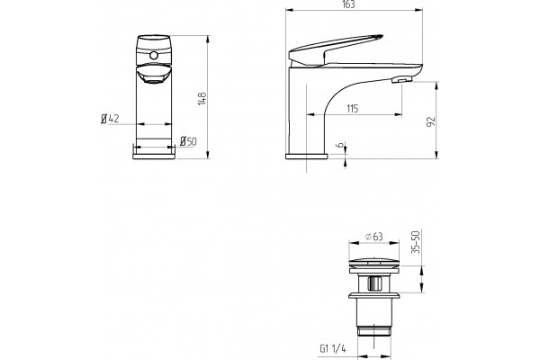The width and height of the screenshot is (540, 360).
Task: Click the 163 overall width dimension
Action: pyautogui.click(x=349, y=4)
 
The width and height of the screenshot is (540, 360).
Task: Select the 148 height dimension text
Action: pyautogui.click(x=202, y=99)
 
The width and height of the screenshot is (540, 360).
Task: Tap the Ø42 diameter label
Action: pyautogui.click(x=110, y=119)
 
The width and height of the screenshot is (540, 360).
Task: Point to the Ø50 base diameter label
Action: pyautogui.click(x=188, y=141)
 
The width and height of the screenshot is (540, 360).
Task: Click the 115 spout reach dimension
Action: pyautogui.click(x=352, y=109)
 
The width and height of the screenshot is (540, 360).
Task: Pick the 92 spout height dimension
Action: pyautogui.click(x=431, y=121)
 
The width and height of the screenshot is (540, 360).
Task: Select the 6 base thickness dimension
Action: pyautogui.click(x=340, y=146)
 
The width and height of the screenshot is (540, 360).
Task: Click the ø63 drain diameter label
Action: pyautogui.click(x=374, y=237)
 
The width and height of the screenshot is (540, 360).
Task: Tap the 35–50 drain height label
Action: pyautogui.click(x=417, y=242)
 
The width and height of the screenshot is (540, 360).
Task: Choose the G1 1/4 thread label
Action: pyautogui.click(x=333, y=348)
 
